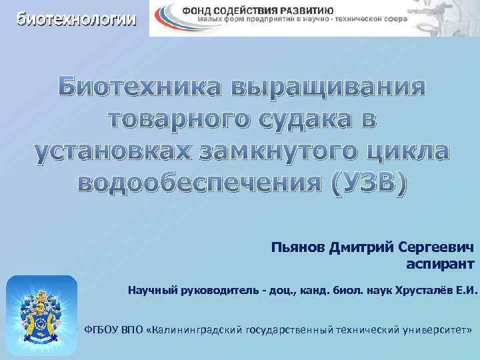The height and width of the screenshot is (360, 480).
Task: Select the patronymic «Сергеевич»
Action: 436,248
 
